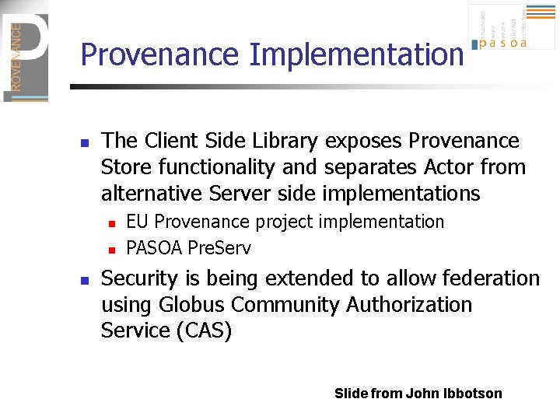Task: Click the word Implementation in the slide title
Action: (356, 55)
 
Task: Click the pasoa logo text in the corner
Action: (503, 44)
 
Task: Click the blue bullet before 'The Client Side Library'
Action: (86, 143)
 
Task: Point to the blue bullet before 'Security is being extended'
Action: (86, 280)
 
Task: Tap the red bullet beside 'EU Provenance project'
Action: (111, 224)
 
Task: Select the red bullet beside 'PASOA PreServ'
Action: (111, 250)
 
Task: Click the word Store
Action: (127, 167)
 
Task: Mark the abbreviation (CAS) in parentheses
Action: (205, 331)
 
